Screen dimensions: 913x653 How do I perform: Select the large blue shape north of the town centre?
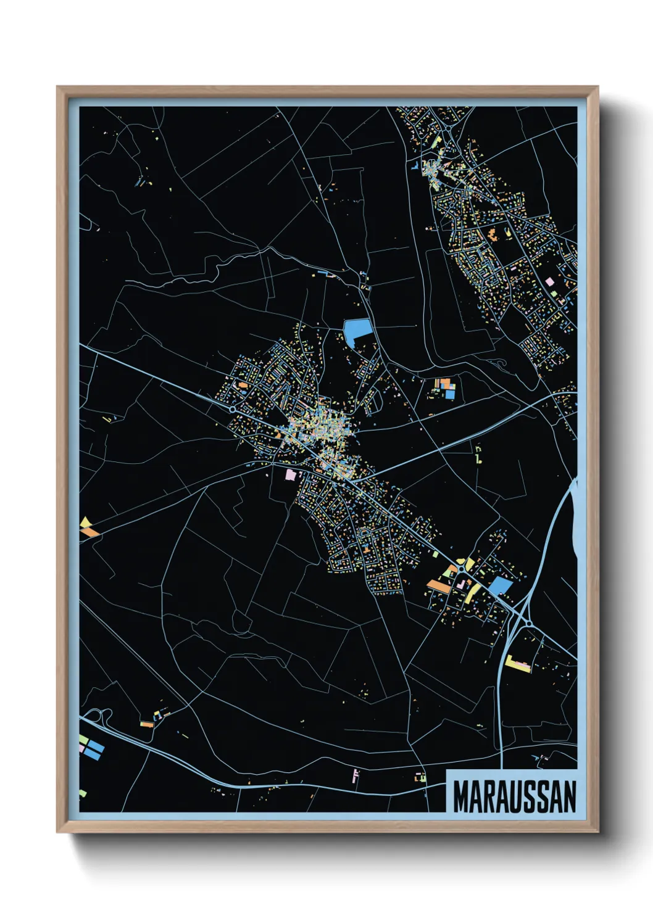(x=357, y=331)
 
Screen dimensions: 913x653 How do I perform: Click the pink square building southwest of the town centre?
(x=291, y=474)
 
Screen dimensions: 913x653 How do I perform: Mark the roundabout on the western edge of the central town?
(x=232, y=408)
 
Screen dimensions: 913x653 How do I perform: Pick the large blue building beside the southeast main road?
(x=500, y=585)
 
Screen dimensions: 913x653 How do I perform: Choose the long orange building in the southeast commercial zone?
(x=438, y=584)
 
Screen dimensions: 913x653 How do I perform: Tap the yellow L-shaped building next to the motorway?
(x=517, y=664)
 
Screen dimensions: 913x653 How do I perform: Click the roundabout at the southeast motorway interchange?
(x=529, y=624)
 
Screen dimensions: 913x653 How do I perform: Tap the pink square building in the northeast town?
(x=549, y=281)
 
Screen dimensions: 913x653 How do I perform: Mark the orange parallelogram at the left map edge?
(x=91, y=531)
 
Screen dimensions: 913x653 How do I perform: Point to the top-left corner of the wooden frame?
(x=59, y=88)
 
